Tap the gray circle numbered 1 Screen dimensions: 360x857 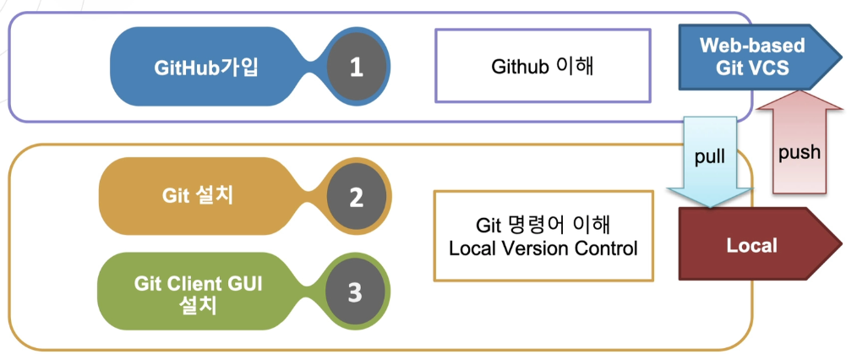click(356, 67)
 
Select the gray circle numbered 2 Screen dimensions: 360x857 click(356, 197)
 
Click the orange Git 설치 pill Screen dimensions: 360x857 click(198, 197)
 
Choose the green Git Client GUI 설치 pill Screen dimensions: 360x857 click(198, 292)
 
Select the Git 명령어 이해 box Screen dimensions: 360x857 click(543, 236)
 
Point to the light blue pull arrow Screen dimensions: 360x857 click(709, 161)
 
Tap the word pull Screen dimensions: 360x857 click(709, 157)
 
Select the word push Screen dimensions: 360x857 click(800, 154)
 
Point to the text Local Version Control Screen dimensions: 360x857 click(543, 248)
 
